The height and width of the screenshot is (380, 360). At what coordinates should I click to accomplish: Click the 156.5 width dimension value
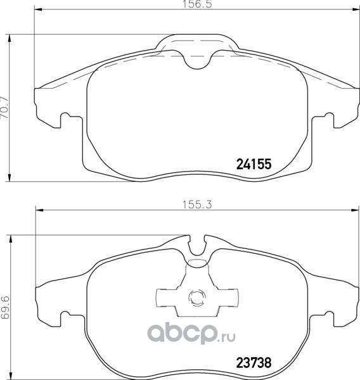(x=197, y=4)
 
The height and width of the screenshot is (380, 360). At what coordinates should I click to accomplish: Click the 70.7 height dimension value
(x=4, y=108)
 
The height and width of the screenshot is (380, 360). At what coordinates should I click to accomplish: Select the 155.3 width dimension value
(x=197, y=205)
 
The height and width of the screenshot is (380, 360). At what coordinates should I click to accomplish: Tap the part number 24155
(x=254, y=164)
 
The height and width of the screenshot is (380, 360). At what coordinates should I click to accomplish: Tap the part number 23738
(x=254, y=363)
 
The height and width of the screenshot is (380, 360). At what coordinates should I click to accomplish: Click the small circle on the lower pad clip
(x=197, y=298)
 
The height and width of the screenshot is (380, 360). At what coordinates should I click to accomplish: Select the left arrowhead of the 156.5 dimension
(x=39, y=9)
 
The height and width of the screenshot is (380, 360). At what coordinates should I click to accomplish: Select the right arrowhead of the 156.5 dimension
(x=356, y=9)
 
